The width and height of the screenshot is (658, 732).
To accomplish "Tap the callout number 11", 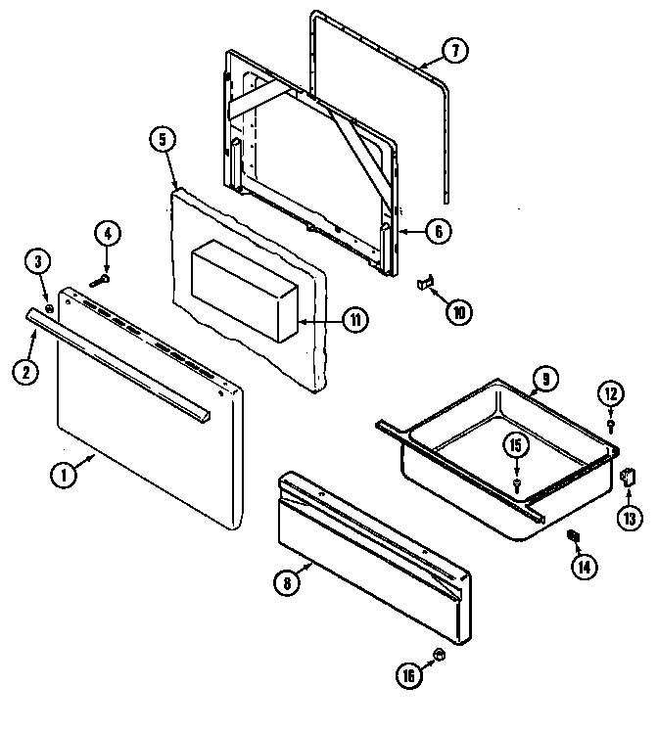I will coord(358,320).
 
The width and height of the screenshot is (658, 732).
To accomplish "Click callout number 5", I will coord(164,139).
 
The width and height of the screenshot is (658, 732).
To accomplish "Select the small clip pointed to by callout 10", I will coord(423,283).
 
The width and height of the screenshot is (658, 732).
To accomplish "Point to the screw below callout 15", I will coord(516,483).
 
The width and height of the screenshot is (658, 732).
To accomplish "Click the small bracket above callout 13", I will coord(626,477).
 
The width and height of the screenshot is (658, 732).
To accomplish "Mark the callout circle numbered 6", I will coord(438,231).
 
